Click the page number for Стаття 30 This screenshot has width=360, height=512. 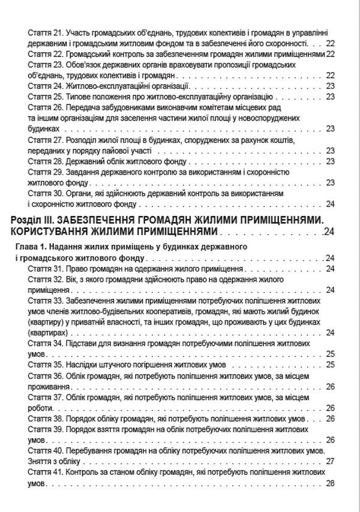click(x=329, y=203)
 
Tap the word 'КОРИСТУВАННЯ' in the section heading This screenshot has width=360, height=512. click(x=50, y=232)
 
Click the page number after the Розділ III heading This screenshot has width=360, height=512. click(x=329, y=232)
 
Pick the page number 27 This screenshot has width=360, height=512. click(x=329, y=462)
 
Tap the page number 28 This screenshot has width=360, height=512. click(x=329, y=483)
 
